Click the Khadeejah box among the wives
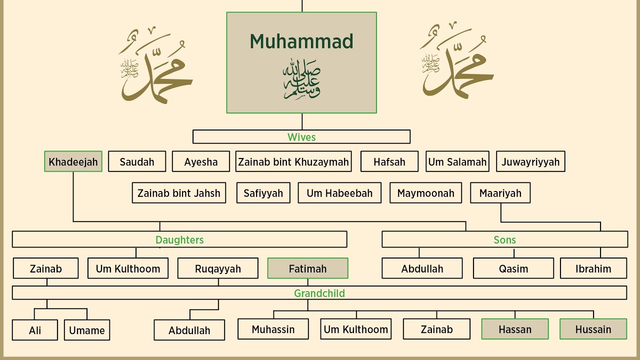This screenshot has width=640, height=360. pos(73,161)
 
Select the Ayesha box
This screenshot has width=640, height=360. pos(201,161)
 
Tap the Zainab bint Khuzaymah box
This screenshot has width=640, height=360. pos(293,161)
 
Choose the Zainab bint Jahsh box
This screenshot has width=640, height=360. pos(179,193)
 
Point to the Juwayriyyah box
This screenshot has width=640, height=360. pos(530,161)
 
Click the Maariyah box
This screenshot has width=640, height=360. pos(500,193)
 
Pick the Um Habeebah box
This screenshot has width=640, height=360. pos(339,193)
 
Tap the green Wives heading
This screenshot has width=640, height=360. pos(301,137)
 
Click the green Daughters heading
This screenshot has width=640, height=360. pos(179,239)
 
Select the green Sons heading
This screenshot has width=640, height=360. pos(504,239)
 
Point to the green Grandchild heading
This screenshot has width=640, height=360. pos(319,293)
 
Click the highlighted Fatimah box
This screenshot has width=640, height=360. pos(307,268)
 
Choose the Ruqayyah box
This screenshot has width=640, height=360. pos(218,268)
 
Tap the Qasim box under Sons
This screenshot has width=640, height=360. pos(513,268)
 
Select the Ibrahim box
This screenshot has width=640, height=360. pos(593,268)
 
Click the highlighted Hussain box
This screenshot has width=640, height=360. pos(593,329)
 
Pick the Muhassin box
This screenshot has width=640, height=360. pos(273,329)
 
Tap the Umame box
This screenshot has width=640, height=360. pos(87,330)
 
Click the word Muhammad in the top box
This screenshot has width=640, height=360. pos(301,41)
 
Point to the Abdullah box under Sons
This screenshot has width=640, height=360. pos(422,268)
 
